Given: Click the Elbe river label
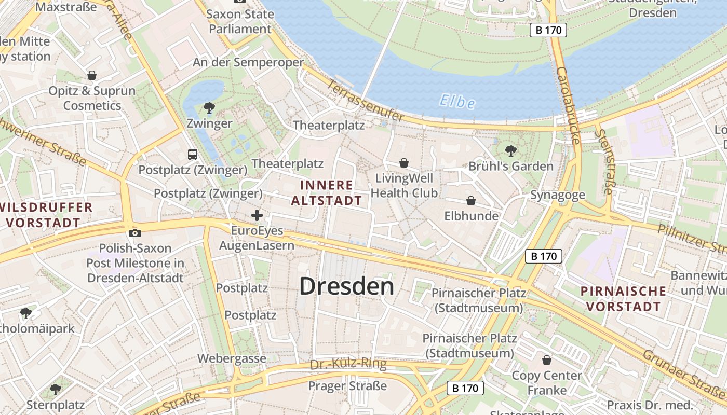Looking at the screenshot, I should tap(456, 101).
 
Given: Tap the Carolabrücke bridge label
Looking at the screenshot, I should tap(568, 105).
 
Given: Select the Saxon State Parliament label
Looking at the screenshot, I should tap(240, 21).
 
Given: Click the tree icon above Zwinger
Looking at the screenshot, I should tap(209, 108).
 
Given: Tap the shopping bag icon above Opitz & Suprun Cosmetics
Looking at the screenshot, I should tap(92, 75).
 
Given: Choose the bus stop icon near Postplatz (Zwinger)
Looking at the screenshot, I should tap(193, 154).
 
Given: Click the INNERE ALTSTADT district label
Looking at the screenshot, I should tap(327, 192).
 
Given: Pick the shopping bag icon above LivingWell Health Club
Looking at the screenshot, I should tap(404, 163).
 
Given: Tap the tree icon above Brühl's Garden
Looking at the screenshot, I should tap(511, 151).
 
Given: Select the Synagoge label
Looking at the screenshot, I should tap(557, 195).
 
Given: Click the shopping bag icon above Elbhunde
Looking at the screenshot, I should tap(471, 201).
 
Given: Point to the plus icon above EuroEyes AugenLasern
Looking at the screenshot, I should tap(257, 215).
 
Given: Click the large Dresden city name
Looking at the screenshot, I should tap(347, 286).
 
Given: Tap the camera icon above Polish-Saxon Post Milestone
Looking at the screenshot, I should tap(135, 233).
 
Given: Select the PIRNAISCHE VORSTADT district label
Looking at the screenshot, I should tap(623, 298).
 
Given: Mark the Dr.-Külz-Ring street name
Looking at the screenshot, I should tap(348, 364).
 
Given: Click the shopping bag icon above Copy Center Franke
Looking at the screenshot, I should tap(547, 359).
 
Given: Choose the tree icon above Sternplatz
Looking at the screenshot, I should tap(56, 389).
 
